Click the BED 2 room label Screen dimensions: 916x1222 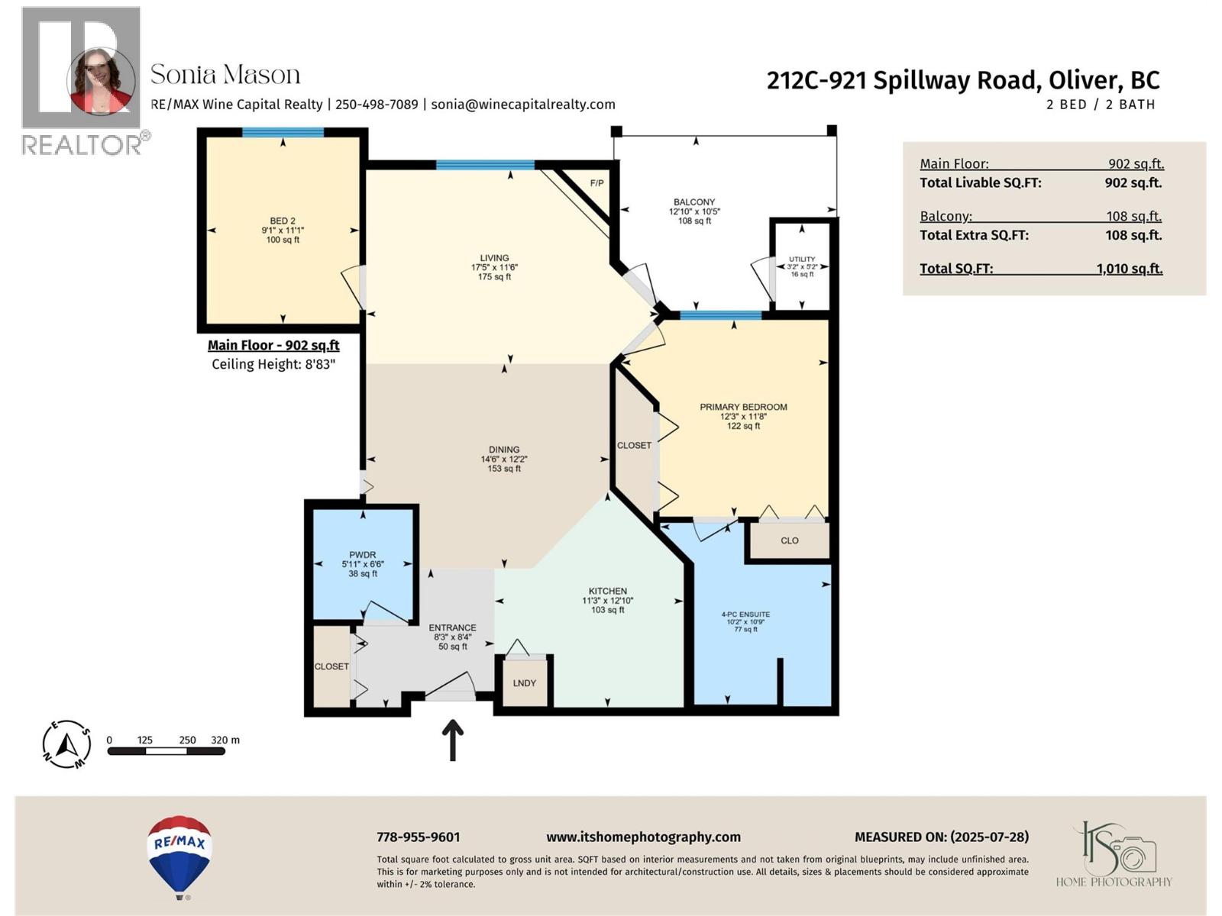pyautogui.click(x=283, y=221)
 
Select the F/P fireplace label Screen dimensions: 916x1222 pyautogui.click(x=596, y=183)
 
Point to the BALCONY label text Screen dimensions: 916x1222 pyautogui.click(x=694, y=202)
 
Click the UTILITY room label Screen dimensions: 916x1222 pyautogui.click(x=802, y=260)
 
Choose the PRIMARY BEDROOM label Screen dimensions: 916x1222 pyautogui.click(x=743, y=407)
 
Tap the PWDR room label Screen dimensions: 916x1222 pyautogui.click(x=363, y=555)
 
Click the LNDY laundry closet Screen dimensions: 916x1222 pyautogui.click(x=524, y=683)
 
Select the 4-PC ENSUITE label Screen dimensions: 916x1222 pyautogui.click(x=745, y=614)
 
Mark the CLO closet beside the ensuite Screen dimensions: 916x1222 pyautogui.click(x=790, y=540)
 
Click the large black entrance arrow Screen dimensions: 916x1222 pyautogui.click(x=453, y=740)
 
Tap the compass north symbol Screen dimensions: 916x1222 pyautogui.click(x=67, y=743)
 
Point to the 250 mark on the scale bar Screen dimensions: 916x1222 pyautogui.click(x=187, y=740)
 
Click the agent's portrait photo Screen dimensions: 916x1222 pyautogui.click(x=101, y=81)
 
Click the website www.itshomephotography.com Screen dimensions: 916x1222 pyautogui.click(x=643, y=837)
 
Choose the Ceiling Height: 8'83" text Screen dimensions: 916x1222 pyautogui.click(x=273, y=364)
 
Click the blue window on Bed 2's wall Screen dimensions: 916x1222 pyautogui.click(x=283, y=133)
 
